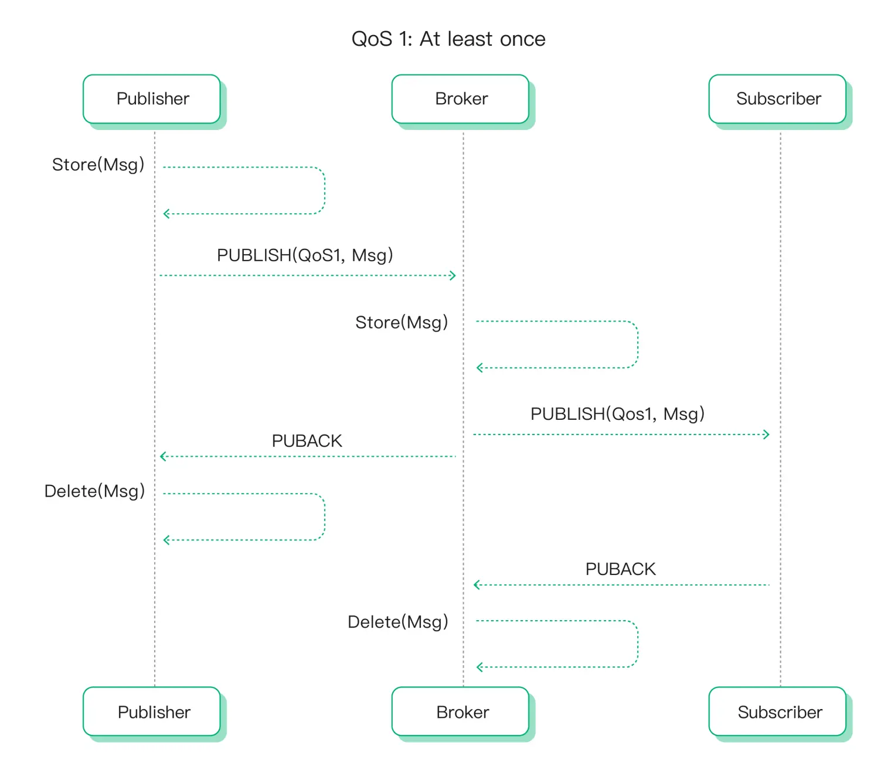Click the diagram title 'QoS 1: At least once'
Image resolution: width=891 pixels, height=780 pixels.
pyautogui.click(x=448, y=39)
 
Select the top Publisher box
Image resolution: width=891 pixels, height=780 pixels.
pyautogui.click(x=152, y=99)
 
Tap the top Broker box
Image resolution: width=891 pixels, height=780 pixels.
pyautogui.click(x=461, y=99)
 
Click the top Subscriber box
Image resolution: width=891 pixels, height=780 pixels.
pyautogui.click(x=778, y=99)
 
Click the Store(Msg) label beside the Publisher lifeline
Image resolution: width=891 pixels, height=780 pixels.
pyautogui.click(x=98, y=165)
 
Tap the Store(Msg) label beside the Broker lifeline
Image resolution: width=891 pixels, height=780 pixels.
pyautogui.click(x=402, y=323)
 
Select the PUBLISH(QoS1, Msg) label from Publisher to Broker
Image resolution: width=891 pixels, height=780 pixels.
pyautogui.click(x=305, y=255)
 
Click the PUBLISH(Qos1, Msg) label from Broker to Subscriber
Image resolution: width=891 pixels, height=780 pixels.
pyautogui.click(x=617, y=414)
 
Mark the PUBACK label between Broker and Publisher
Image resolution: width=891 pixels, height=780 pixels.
pyautogui.click(x=307, y=441)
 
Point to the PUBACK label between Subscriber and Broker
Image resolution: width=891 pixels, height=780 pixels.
pyautogui.click(x=620, y=569)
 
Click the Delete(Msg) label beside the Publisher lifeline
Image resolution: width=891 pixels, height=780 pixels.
pyautogui.click(x=94, y=491)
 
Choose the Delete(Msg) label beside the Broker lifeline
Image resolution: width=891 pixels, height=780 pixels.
pyautogui.click(x=397, y=622)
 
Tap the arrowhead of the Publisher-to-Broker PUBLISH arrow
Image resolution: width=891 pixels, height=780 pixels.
pyautogui.click(x=453, y=275)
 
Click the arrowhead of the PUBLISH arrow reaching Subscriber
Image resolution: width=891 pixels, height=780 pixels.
pyautogui.click(x=766, y=435)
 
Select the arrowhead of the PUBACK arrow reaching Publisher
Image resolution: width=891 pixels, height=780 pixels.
pyautogui.click(x=164, y=456)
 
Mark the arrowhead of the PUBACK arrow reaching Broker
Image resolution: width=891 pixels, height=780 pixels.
pyautogui.click(x=477, y=584)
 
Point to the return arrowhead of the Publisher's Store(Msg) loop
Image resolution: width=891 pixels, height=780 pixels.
pyautogui.click(x=166, y=214)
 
